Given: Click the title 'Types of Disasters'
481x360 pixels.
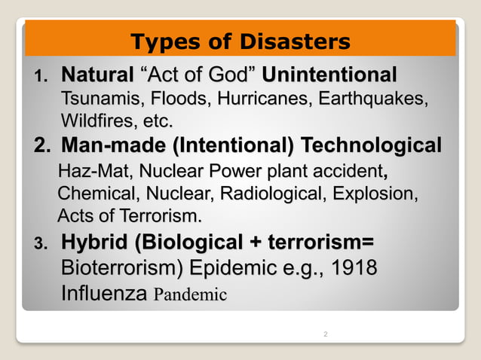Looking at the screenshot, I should (240, 41).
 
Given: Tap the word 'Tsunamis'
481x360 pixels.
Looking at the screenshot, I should (100, 99).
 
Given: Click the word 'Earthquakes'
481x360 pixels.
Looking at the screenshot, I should (373, 99).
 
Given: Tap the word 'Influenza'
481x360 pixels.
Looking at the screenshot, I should (103, 293).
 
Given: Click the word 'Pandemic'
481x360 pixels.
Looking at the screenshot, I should (189, 294).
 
